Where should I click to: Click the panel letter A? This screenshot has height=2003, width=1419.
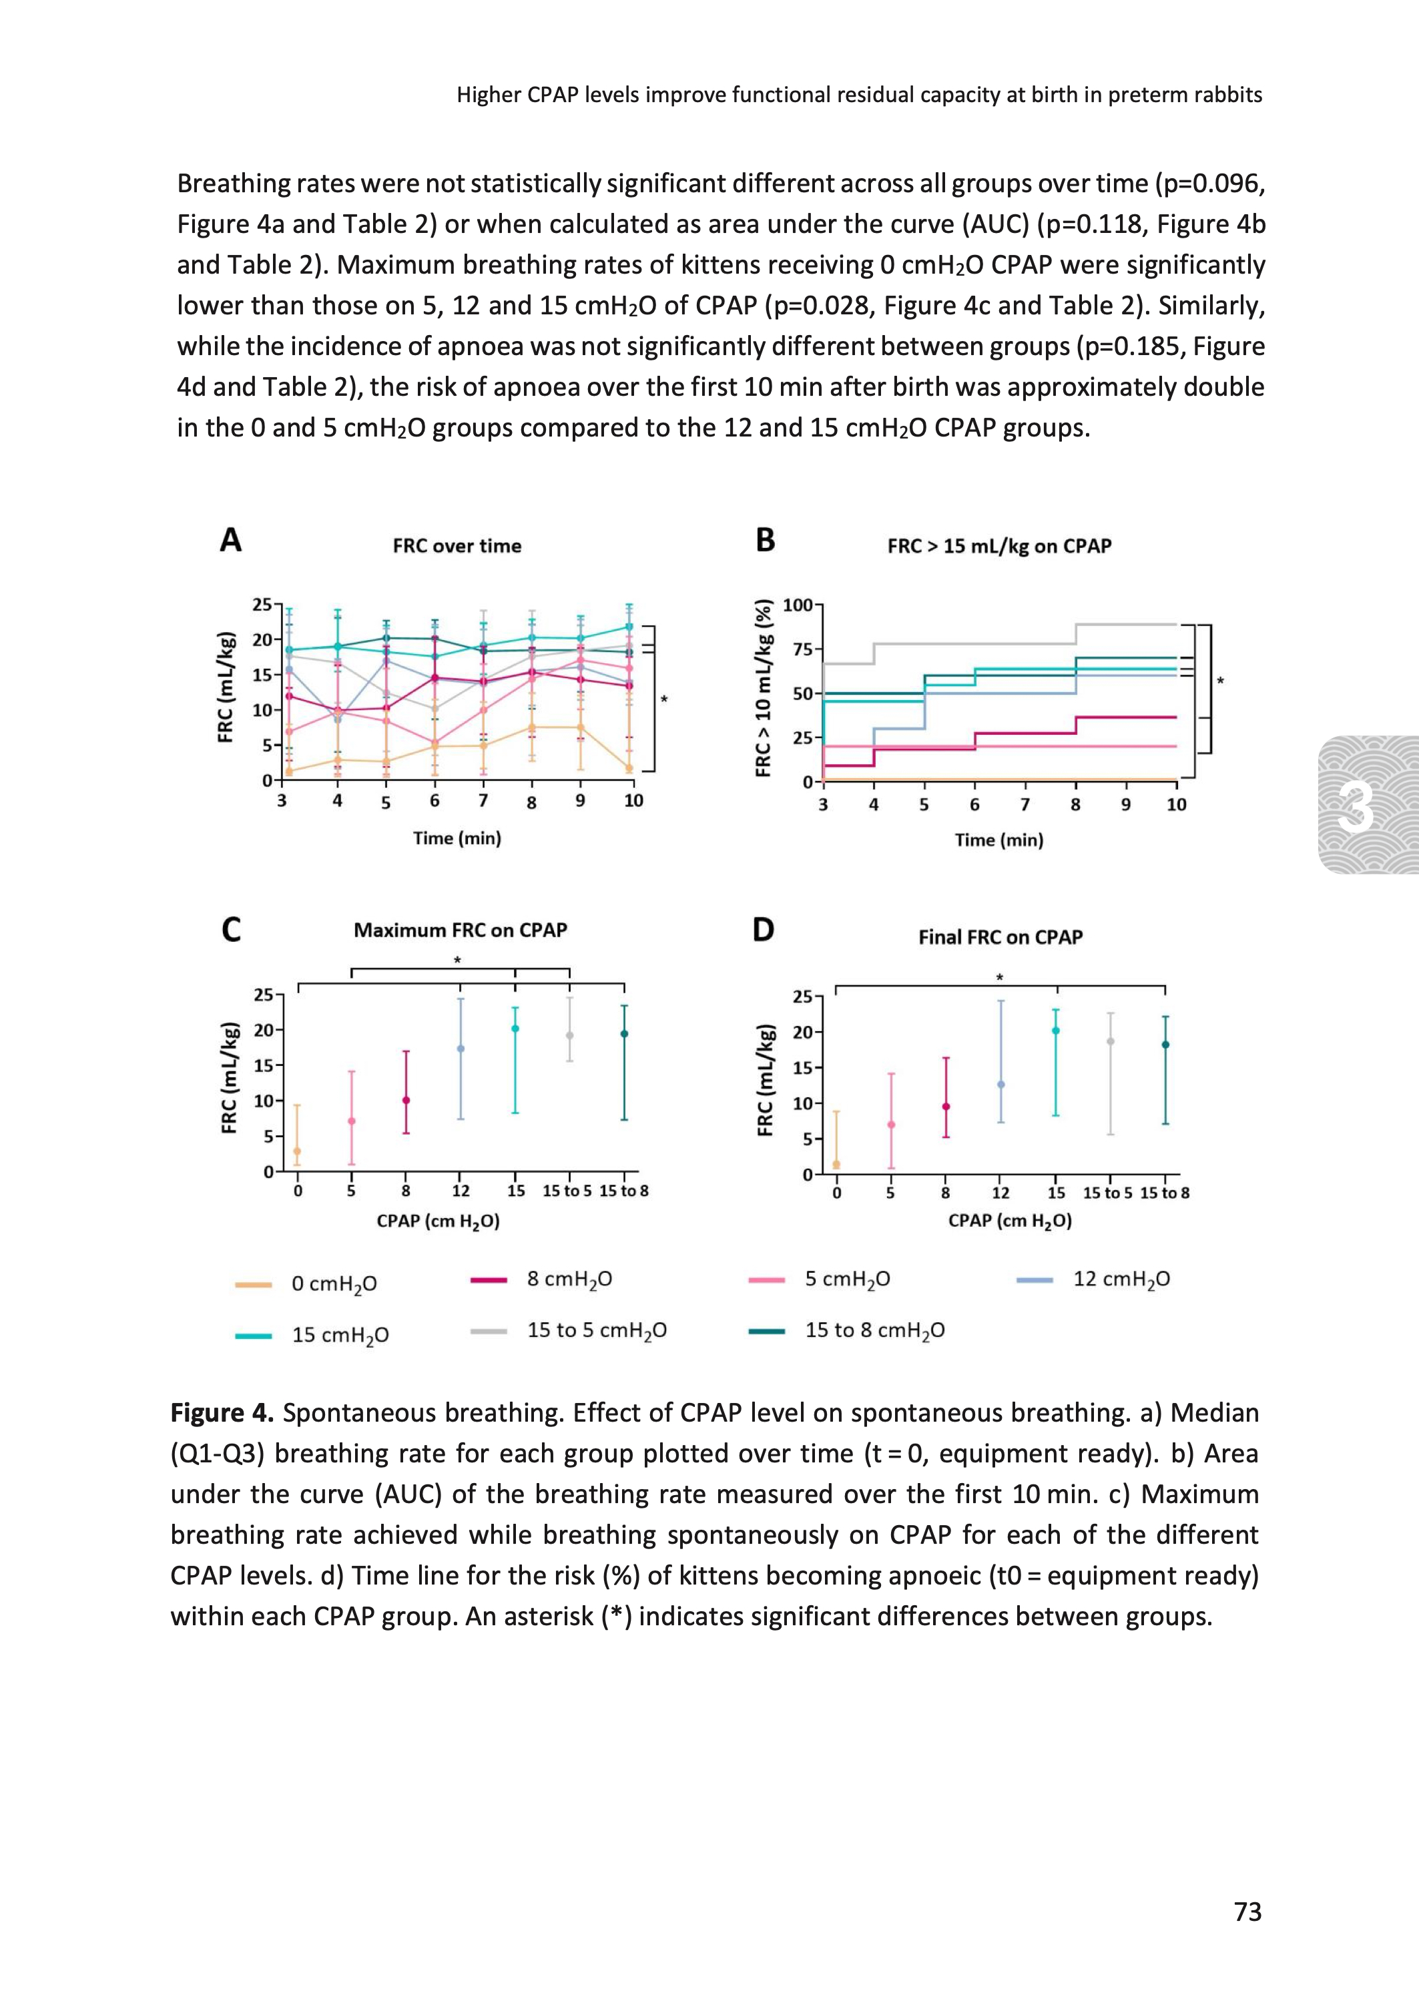click(x=231, y=541)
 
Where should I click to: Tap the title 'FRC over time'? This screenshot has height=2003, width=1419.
click(x=457, y=546)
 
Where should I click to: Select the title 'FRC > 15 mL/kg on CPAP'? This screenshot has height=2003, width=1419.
click(x=999, y=546)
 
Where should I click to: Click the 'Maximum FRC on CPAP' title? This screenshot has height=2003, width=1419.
click(x=461, y=930)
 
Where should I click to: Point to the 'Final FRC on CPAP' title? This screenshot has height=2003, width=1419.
click(x=1000, y=937)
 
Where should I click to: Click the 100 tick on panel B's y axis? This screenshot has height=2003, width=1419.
click(x=798, y=605)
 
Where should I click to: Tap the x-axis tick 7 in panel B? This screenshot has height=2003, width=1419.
click(x=1025, y=804)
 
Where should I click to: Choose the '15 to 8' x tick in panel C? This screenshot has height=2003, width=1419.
click(x=624, y=1191)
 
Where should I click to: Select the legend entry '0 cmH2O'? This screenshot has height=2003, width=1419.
click(x=334, y=1283)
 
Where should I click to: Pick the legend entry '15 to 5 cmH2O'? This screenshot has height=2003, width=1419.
click(x=596, y=1330)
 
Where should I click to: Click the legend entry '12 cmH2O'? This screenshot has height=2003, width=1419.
click(x=1121, y=1279)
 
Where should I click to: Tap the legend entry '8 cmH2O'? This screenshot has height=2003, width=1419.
click(x=569, y=1279)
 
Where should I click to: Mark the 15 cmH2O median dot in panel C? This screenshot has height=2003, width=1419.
click(x=515, y=1029)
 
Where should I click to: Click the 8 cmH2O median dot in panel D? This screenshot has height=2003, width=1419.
click(x=945, y=1107)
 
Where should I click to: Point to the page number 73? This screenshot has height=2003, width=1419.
click(x=1247, y=1912)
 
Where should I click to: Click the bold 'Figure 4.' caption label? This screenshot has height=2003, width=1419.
click(x=222, y=1412)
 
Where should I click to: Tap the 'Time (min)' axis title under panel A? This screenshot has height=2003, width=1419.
click(x=457, y=838)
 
